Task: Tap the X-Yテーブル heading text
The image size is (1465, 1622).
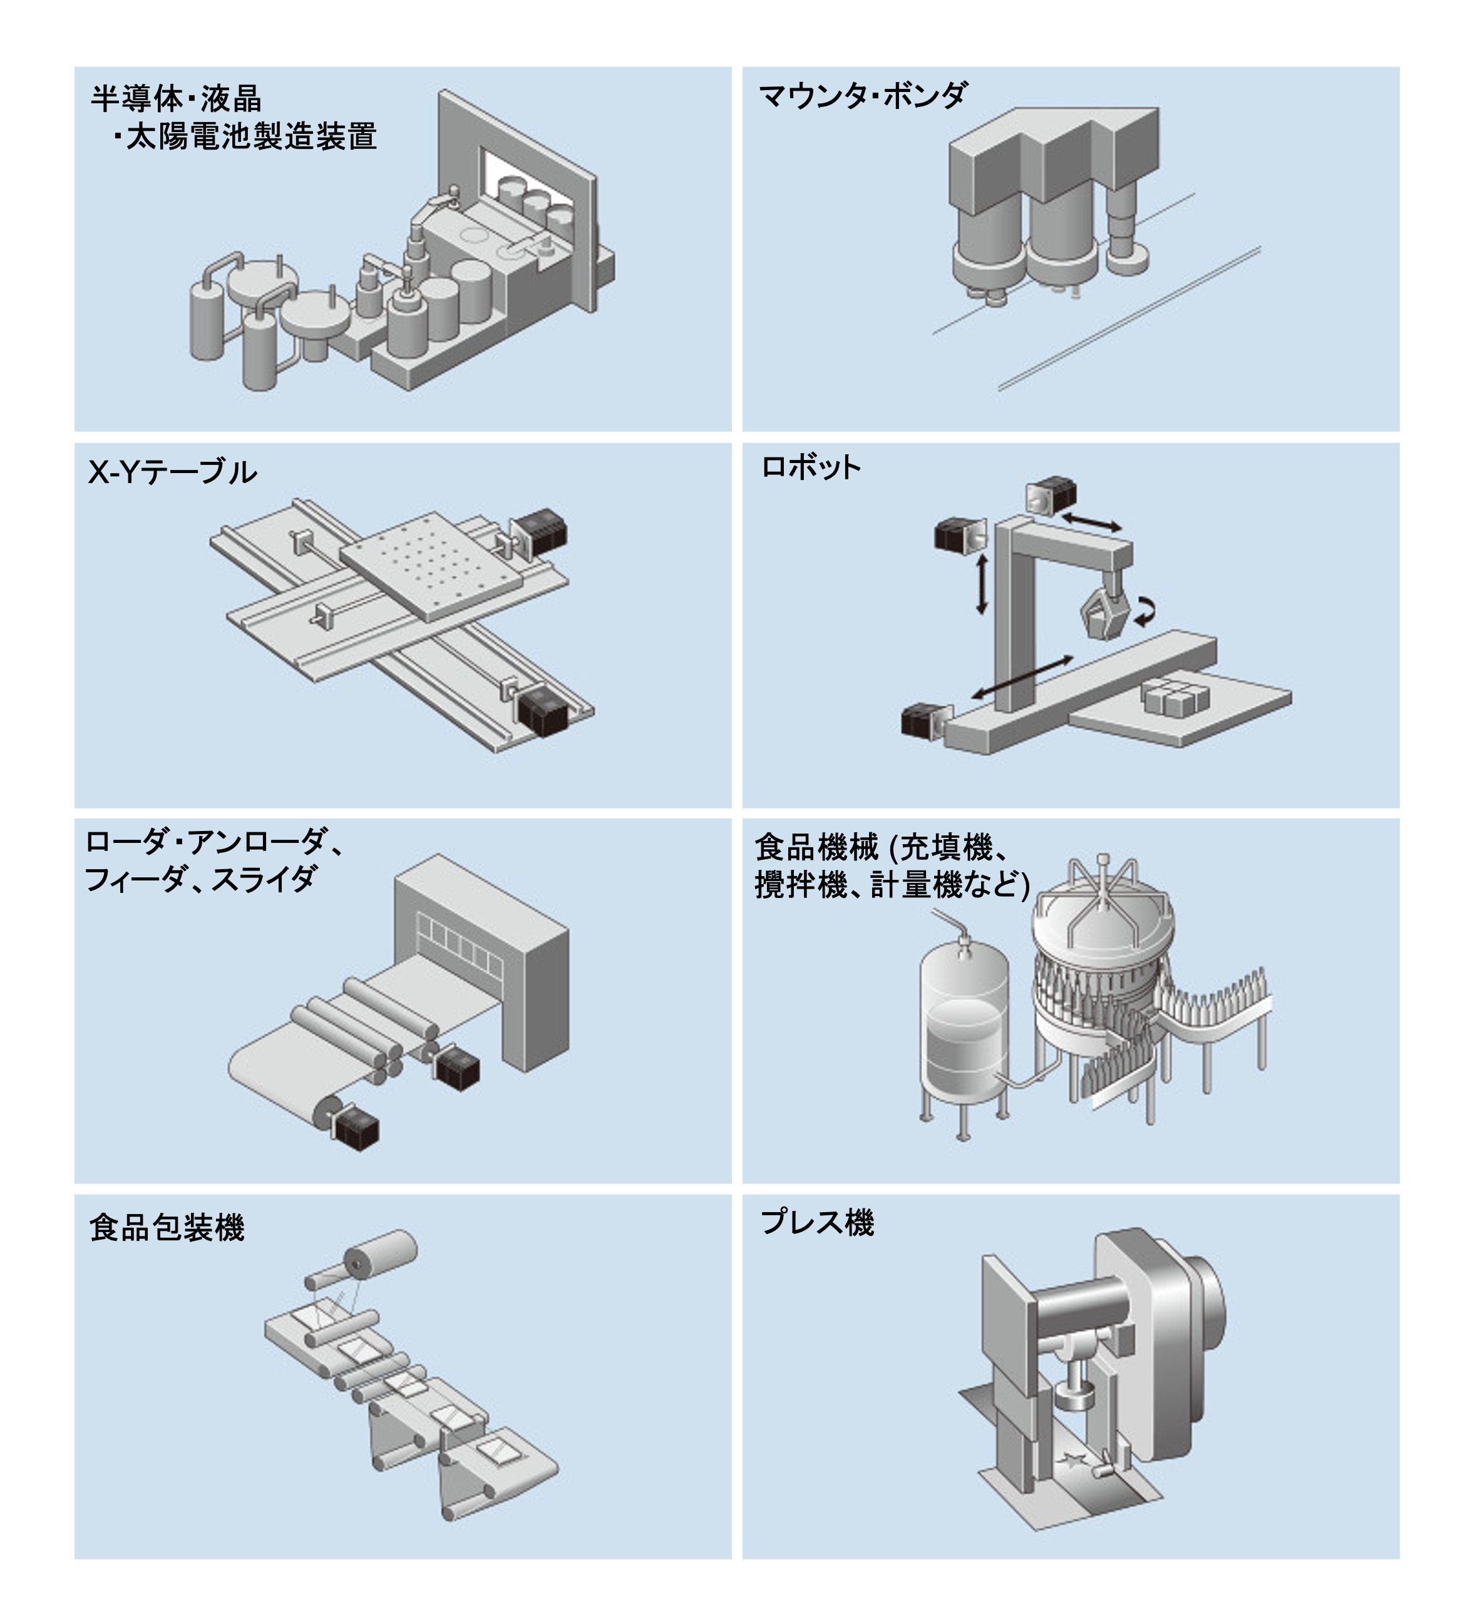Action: [x=172, y=472]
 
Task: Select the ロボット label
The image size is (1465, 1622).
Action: [x=811, y=467]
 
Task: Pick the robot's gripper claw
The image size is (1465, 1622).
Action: [x=1107, y=611]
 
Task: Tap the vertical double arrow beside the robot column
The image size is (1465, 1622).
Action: [x=980, y=585]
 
